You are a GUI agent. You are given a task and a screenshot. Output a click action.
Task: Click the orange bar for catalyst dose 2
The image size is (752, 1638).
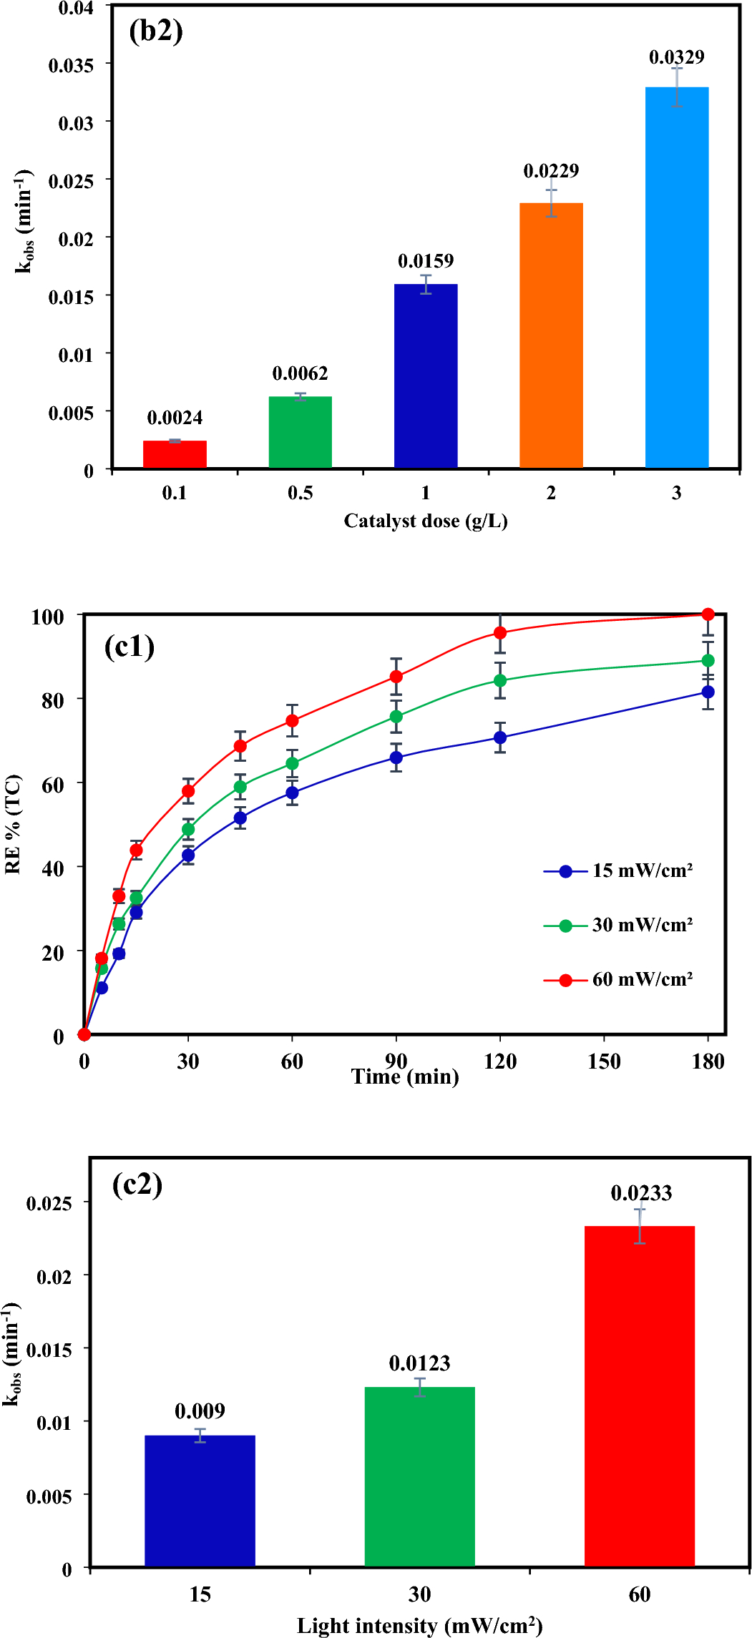pos(551,336)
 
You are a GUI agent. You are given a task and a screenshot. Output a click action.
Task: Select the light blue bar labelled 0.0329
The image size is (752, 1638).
pos(676,279)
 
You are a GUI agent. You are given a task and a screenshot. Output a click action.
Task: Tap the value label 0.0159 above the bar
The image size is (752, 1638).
pos(426,261)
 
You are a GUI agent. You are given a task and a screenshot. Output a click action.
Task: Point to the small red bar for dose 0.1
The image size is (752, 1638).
pos(175,455)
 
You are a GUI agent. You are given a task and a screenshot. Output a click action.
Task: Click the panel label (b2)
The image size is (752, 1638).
pos(156,31)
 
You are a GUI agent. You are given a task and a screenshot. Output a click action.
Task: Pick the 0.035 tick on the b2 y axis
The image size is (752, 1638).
pos(71,66)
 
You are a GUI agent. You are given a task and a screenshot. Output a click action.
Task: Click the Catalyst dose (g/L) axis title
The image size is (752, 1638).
pos(426,521)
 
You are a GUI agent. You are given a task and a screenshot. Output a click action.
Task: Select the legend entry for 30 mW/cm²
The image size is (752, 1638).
pos(618,926)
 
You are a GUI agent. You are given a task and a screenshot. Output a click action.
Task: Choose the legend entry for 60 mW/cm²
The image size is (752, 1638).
pos(618,980)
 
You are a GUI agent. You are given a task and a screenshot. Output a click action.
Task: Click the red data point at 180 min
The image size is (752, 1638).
pos(708,614)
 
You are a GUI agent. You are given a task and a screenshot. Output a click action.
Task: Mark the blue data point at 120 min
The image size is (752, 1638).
pos(500,737)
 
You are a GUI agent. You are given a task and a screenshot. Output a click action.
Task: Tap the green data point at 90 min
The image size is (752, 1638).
pos(396,717)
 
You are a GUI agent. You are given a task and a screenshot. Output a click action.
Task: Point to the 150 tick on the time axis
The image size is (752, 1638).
pos(604,1061)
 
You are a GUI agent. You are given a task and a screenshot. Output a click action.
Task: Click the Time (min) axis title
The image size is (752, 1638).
pos(405,1077)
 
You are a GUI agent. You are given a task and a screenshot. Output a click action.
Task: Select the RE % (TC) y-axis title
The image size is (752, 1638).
pos(13,824)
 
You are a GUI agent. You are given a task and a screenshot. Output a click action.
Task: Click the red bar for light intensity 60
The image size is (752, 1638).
pos(639,1395)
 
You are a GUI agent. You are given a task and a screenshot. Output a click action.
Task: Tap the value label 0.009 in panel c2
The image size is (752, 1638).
pos(200,1411)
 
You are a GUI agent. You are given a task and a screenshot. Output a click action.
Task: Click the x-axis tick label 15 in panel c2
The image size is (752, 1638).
pos(200,1594)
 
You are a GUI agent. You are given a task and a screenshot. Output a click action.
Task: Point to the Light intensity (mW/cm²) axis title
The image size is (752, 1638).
pos(419,1626)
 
